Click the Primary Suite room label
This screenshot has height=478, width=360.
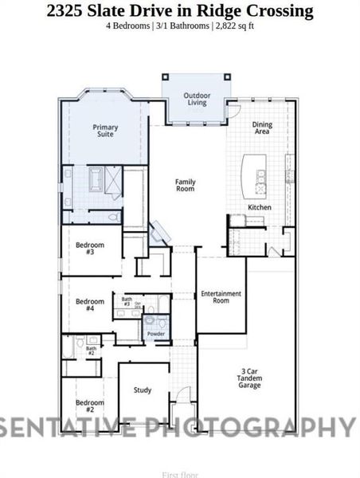(105, 131)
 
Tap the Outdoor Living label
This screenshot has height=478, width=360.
(197, 99)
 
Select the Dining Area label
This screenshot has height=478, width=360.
(261, 128)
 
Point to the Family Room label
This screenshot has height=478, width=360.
(185, 186)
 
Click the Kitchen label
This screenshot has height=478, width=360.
(259, 207)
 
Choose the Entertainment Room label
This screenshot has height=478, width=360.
(221, 296)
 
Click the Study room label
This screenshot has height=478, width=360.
(143, 390)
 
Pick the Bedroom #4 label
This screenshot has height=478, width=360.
(90, 305)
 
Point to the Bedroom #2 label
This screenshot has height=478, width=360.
(89, 406)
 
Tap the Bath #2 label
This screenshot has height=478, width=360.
(91, 351)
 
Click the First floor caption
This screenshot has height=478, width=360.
(179, 474)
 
